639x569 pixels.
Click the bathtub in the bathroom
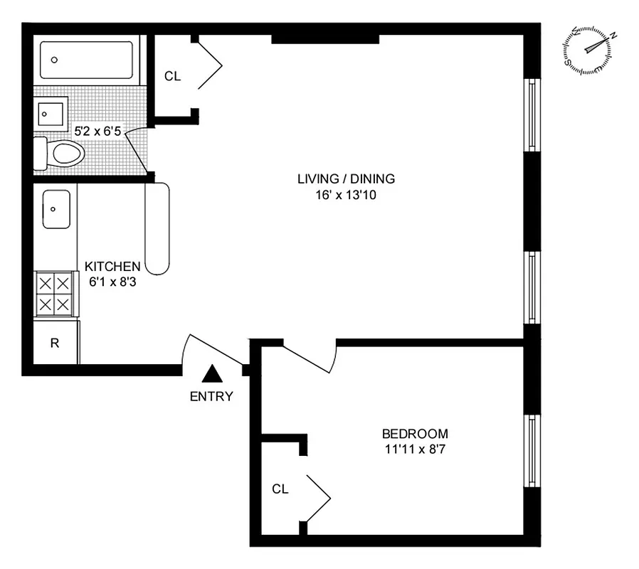(x=86, y=60)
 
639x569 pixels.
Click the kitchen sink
(x=56, y=209)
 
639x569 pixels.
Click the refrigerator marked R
(x=54, y=343)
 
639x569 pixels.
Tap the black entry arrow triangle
(x=211, y=373)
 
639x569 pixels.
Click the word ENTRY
(x=211, y=397)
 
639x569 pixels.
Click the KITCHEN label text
(x=112, y=266)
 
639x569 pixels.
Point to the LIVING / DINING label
(x=346, y=179)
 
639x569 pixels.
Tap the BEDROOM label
(x=415, y=433)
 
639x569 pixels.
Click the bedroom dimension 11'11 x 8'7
(x=415, y=449)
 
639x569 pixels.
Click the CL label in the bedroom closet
(x=280, y=489)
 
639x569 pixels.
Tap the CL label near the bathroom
(x=173, y=76)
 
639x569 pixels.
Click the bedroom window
(x=530, y=450)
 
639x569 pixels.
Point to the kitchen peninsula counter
(x=157, y=228)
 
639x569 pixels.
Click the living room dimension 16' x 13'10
(x=346, y=194)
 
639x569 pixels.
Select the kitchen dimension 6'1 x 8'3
(x=112, y=281)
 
